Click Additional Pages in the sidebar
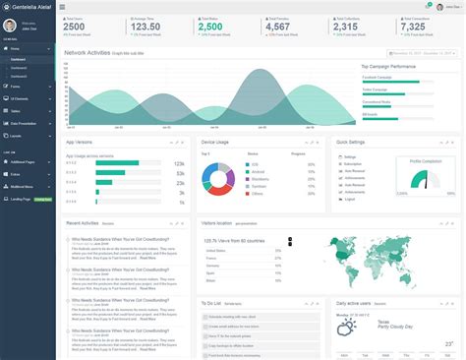coord(24,160)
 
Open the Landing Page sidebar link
coord(22,199)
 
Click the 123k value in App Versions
coord(178,163)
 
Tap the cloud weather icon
coord(347,327)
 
